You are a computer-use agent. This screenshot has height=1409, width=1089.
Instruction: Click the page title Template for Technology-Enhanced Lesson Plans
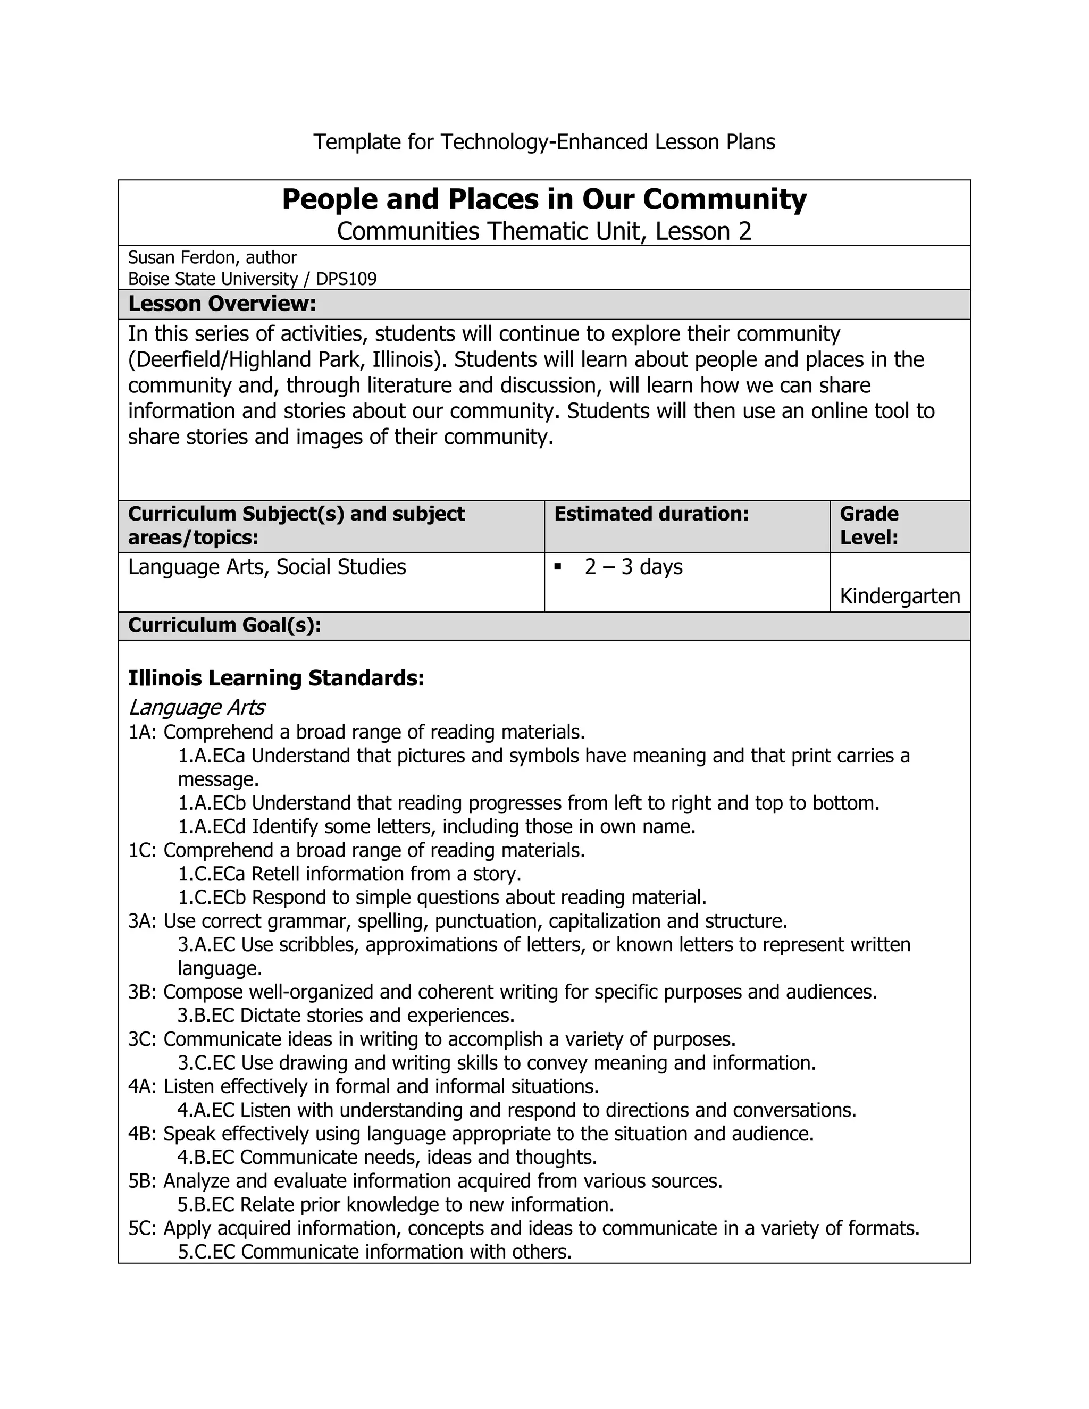pyautogui.click(x=544, y=141)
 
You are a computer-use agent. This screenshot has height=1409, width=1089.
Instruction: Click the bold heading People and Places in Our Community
pyautogui.click(x=544, y=199)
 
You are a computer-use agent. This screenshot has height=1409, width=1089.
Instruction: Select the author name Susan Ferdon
pyautogui.click(x=183, y=257)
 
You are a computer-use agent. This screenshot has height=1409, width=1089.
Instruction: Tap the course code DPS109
pyautogui.click(x=346, y=279)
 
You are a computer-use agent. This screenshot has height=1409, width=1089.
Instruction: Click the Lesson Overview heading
pyautogui.click(x=222, y=304)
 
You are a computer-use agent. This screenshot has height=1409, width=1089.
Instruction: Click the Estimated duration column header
pyautogui.click(x=651, y=514)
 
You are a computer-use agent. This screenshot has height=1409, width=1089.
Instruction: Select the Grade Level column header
pyautogui.click(x=868, y=525)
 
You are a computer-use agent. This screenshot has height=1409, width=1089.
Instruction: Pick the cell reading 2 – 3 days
pyautogui.click(x=633, y=567)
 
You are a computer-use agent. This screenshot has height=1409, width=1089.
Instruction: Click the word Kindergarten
pyautogui.click(x=899, y=596)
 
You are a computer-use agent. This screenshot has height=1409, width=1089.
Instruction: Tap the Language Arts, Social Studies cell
pyautogui.click(x=267, y=567)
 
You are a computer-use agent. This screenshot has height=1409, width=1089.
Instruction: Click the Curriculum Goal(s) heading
pyautogui.click(x=224, y=625)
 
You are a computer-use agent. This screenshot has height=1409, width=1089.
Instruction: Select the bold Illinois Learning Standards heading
pyautogui.click(x=276, y=678)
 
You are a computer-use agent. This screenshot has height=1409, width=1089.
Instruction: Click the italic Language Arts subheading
pyautogui.click(x=196, y=708)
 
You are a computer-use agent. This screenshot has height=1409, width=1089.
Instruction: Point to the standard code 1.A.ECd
pyautogui.click(x=212, y=826)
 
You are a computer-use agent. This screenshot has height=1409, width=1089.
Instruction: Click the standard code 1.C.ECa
pyautogui.click(x=212, y=874)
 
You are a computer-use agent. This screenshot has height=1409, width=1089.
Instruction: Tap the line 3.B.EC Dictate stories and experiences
pyautogui.click(x=346, y=1016)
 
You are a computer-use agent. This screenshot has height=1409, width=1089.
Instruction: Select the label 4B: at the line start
pyautogui.click(x=143, y=1134)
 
